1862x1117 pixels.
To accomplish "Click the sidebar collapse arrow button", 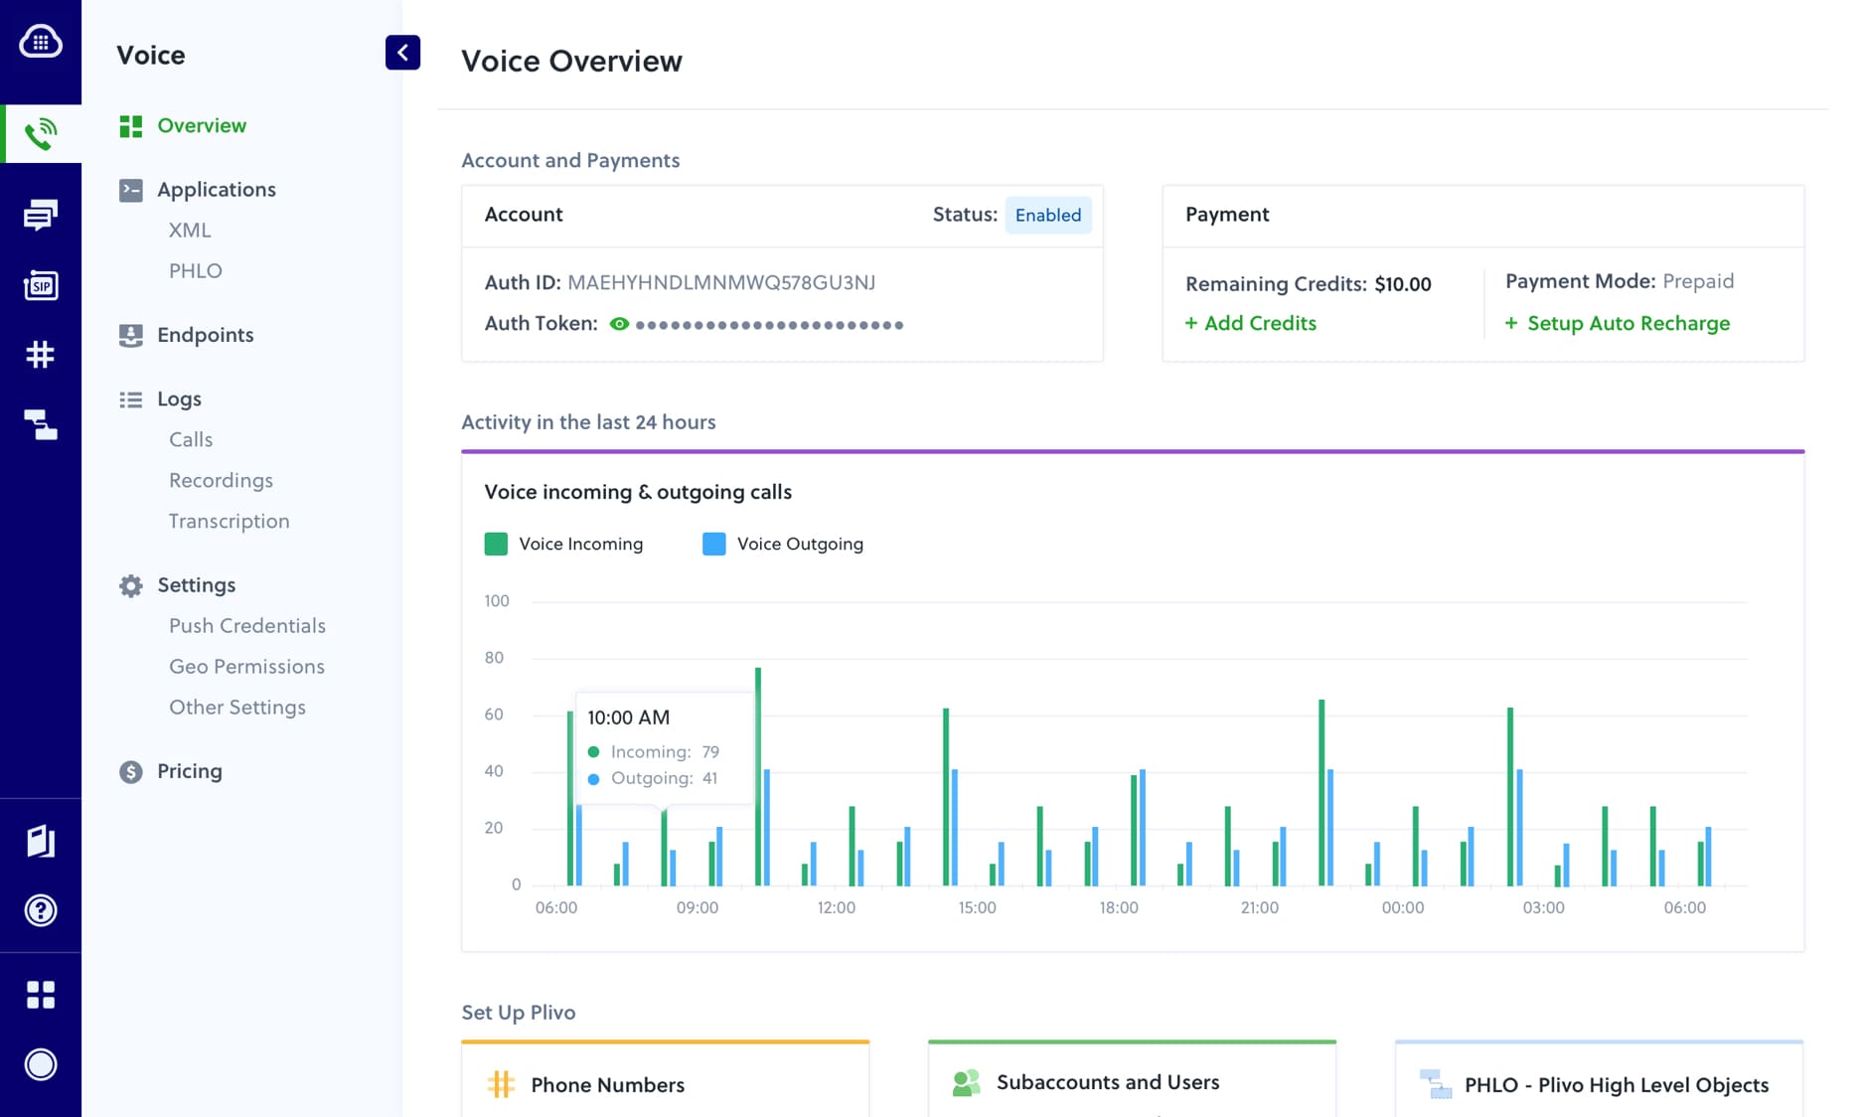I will (402, 53).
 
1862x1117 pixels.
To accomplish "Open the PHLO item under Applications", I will (196, 270).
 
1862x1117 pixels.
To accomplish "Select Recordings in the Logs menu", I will (221, 480).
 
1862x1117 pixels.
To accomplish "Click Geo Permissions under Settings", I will (246, 666).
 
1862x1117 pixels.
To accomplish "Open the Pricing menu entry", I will (189, 771).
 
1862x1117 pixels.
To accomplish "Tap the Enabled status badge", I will (1047, 215).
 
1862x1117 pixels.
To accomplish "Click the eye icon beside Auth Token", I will (619, 324).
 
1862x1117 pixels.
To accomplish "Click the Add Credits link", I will (1250, 323).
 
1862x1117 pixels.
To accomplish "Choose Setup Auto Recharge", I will (1618, 323).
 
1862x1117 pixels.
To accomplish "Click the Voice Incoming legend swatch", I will (496, 544).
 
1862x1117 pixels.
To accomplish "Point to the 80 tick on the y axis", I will (494, 657).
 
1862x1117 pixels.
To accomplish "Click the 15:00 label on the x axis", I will (977, 907).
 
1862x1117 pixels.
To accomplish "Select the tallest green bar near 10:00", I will (758, 775).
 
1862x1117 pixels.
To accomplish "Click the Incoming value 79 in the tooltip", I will (710, 751).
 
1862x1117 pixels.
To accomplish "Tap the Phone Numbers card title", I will (607, 1084).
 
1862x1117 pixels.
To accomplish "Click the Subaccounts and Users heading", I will (1107, 1081).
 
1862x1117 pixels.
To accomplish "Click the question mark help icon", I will (41, 910).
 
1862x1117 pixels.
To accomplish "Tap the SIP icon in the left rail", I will (41, 286).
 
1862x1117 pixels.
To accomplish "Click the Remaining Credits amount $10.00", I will (1402, 284).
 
